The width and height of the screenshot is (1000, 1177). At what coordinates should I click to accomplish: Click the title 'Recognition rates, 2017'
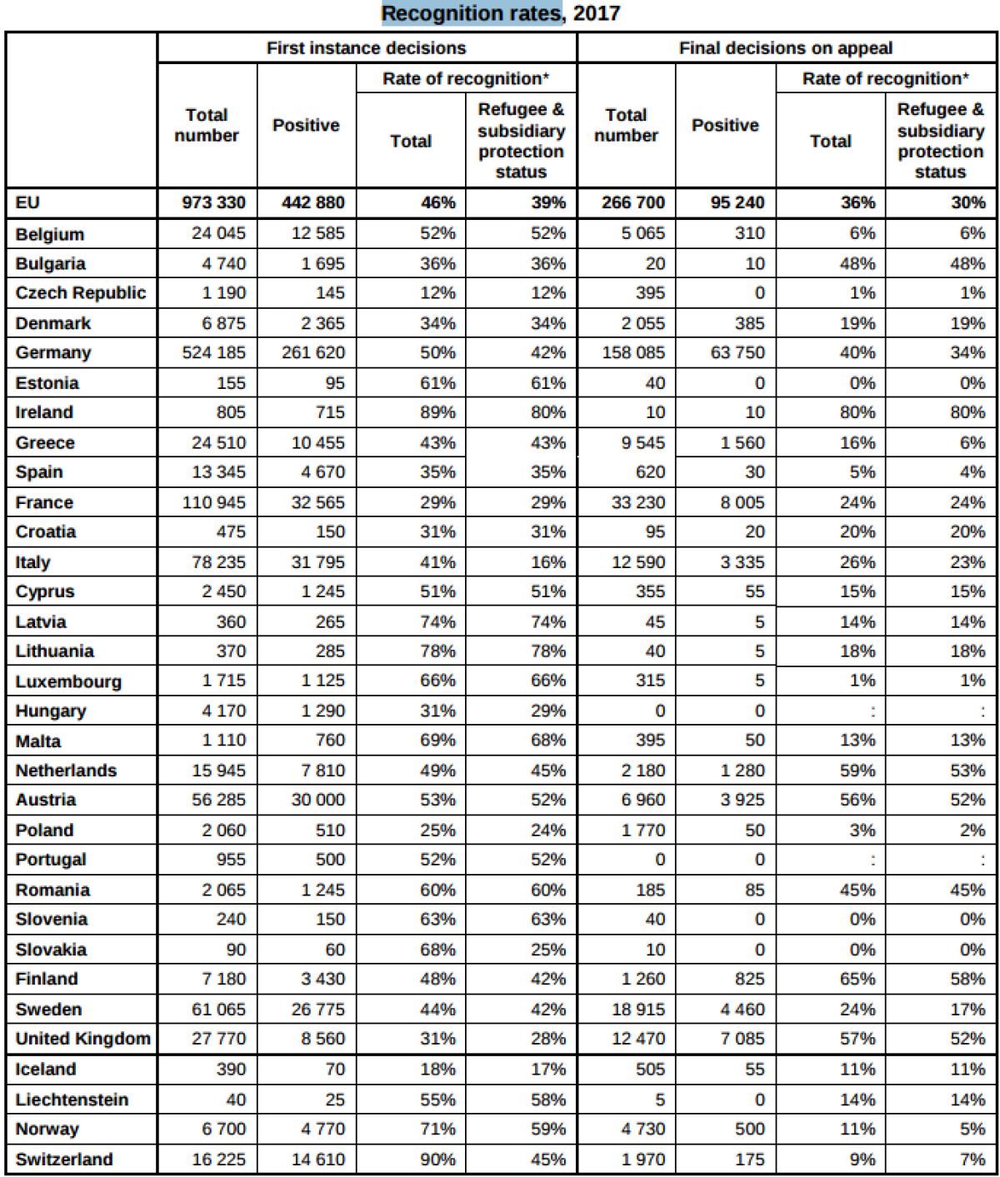click(500, 14)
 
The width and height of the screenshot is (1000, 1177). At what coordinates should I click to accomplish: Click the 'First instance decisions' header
click(366, 48)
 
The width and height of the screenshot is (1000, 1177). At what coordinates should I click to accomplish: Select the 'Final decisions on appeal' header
click(785, 48)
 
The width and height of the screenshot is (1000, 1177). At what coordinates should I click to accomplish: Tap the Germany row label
click(53, 352)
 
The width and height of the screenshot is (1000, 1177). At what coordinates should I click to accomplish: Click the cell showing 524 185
click(214, 352)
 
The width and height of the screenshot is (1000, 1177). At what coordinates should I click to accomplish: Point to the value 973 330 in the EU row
click(214, 202)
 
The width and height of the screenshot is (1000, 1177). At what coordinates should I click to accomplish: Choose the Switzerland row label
click(64, 1159)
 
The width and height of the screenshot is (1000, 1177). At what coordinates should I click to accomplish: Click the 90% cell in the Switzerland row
click(437, 1159)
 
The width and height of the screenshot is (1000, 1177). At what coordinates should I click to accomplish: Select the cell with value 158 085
click(633, 352)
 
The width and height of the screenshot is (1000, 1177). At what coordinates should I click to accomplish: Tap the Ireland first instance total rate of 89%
click(437, 412)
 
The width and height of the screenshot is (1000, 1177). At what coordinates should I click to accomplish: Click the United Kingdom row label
click(82, 1039)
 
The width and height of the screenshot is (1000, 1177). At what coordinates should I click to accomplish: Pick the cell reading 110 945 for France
click(214, 502)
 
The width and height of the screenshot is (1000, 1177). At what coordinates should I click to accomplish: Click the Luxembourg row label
click(68, 681)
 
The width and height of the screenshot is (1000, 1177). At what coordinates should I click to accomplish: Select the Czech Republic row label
click(80, 293)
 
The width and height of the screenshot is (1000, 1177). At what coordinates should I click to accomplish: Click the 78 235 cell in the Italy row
click(218, 562)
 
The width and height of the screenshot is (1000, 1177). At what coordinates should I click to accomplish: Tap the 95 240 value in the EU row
click(737, 202)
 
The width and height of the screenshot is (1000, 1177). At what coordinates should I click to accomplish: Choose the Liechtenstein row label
click(72, 1100)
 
